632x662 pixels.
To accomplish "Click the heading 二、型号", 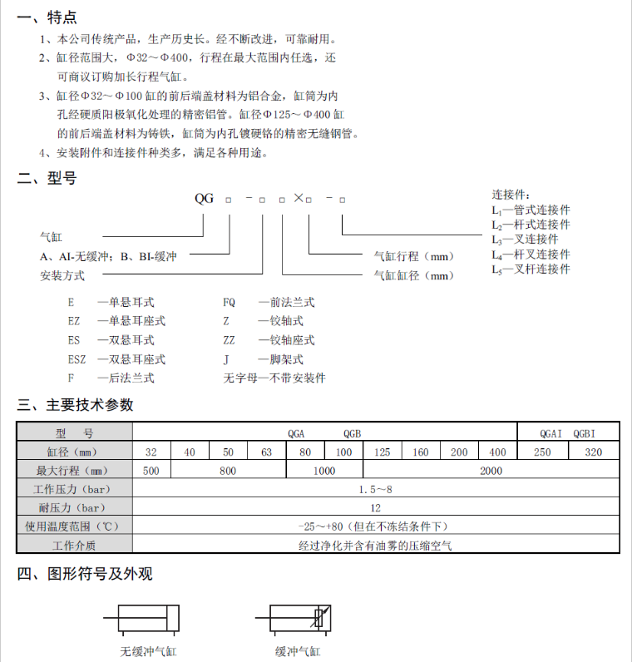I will (x=47, y=178).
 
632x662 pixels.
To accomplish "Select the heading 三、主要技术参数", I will (x=76, y=405).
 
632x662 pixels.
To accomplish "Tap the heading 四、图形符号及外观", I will (x=85, y=574).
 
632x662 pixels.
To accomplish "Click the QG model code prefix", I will (x=204, y=199).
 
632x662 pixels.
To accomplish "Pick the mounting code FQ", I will (x=230, y=303).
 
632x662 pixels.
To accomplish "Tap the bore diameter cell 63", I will (x=267, y=452).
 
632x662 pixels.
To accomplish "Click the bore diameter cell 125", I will (x=383, y=452).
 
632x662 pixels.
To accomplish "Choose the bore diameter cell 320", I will (x=594, y=452).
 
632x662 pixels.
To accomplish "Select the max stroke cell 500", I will (x=151, y=471).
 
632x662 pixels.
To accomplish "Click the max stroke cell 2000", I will (x=491, y=471).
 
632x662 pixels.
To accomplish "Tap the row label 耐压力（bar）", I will (x=74, y=507).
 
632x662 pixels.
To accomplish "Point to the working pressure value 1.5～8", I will (x=375, y=489).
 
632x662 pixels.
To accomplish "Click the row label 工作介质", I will (x=74, y=545).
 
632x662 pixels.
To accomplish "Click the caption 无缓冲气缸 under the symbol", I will (x=149, y=652).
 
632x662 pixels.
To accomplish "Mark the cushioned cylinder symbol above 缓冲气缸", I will (x=297, y=618).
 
